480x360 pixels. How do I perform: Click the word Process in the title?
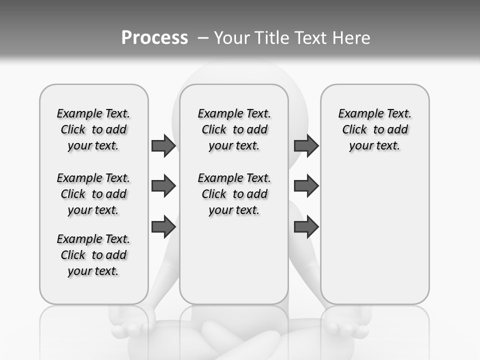tap(154, 38)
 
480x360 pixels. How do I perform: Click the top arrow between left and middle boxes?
tap(163, 145)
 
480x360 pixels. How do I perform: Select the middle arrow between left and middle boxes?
tap(163, 186)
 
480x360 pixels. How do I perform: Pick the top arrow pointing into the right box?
tap(306, 145)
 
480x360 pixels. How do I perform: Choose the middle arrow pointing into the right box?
tap(306, 186)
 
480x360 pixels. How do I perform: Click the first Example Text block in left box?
tap(93, 129)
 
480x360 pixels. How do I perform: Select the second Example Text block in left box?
tap(93, 194)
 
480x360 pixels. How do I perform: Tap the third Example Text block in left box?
tap(93, 255)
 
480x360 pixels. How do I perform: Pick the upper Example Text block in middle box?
tap(234, 129)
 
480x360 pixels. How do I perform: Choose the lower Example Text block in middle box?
tap(234, 194)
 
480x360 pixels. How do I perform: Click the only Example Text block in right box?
tap(374, 129)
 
